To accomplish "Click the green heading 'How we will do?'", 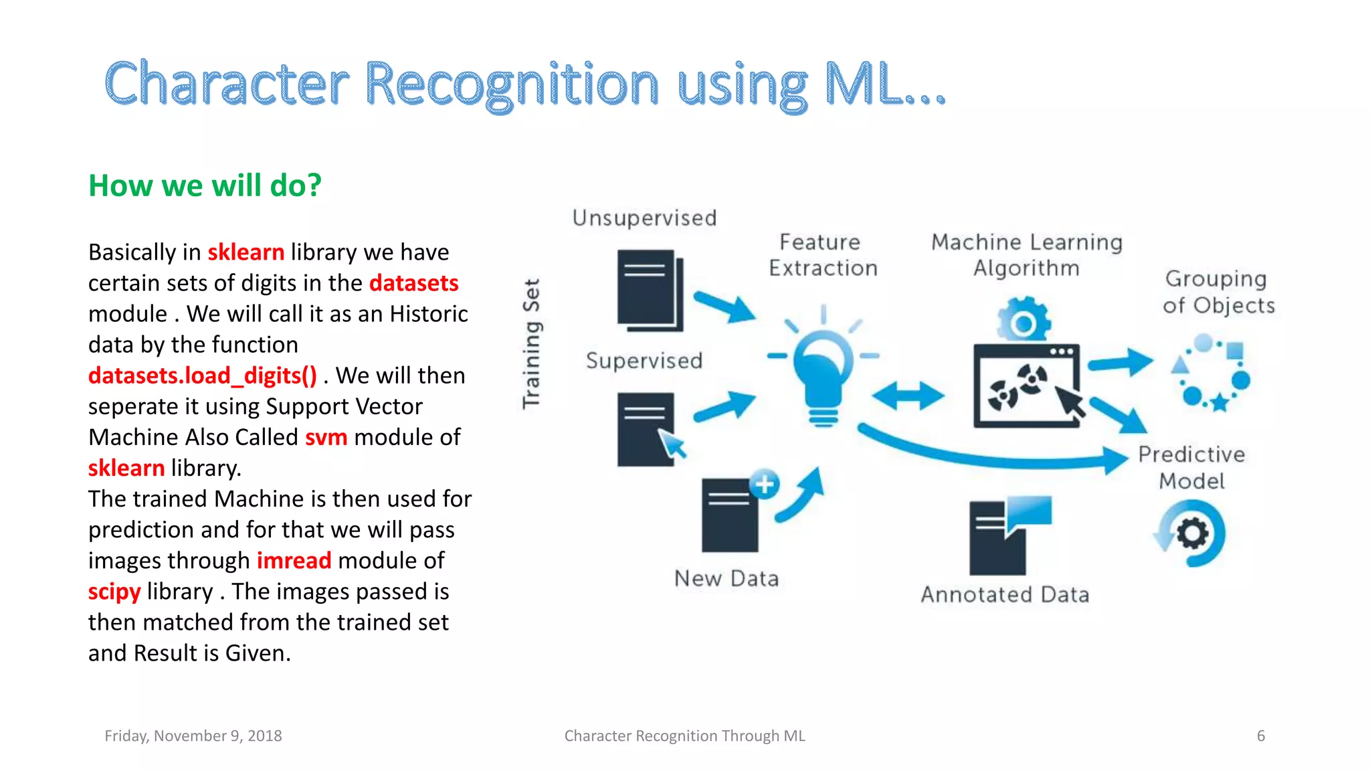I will (x=205, y=185).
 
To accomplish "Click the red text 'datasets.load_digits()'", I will (x=202, y=375).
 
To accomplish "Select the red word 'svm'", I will (x=326, y=437).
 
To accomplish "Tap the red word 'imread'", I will (x=294, y=560).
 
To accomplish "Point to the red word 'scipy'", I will (x=114, y=592).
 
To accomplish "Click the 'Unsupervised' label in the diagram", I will (x=644, y=218).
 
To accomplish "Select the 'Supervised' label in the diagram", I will (x=644, y=361).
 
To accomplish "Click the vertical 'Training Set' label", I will (x=532, y=343).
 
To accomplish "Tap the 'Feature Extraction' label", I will (x=822, y=255).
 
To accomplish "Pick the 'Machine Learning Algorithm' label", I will (x=1026, y=255).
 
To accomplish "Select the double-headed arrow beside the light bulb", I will (x=908, y=396).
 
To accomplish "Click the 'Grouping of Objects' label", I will (x=1218, y=292).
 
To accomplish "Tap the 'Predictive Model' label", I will (x=1191, y=468).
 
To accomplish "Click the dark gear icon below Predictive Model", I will (x=1192, y=534).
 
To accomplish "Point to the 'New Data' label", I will (x=726, y=578).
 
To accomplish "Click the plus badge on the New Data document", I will (x=765, y=484).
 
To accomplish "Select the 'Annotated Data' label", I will (x=1005, y=594).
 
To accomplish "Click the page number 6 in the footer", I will (x=1261, y=736).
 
